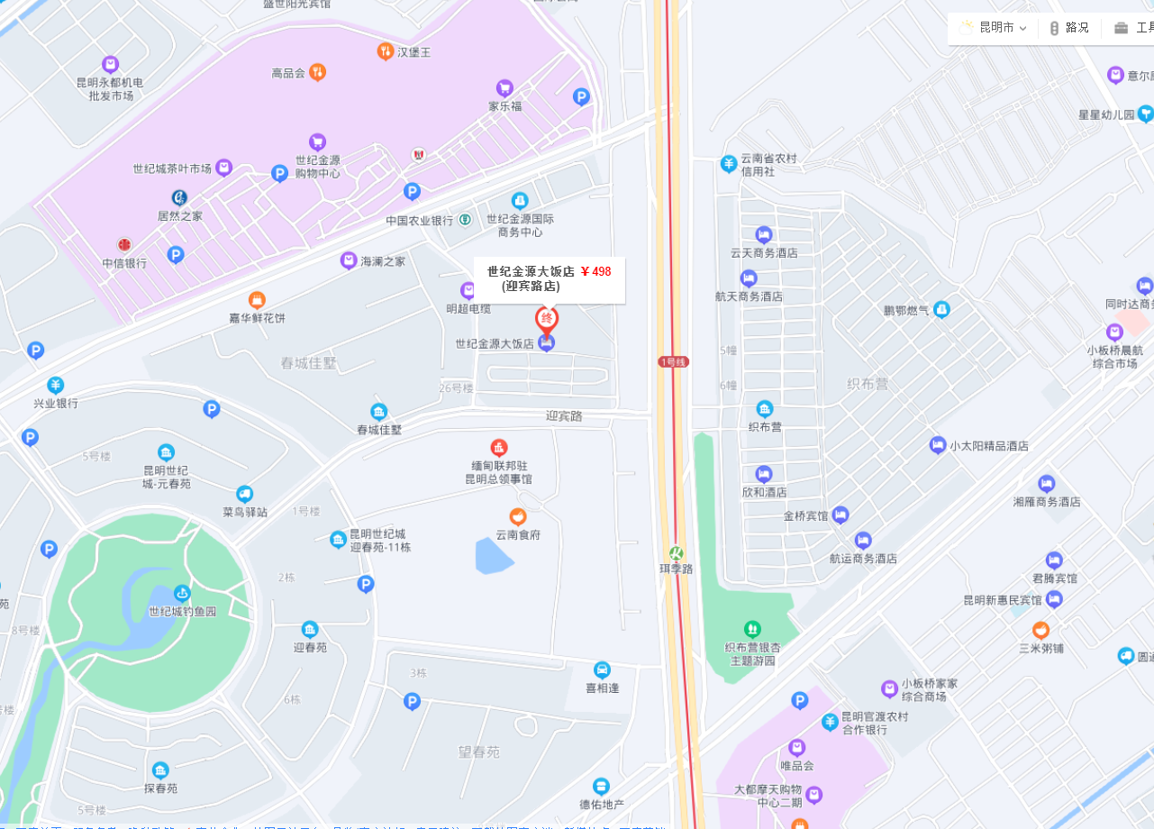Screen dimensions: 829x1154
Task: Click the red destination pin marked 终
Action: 547,319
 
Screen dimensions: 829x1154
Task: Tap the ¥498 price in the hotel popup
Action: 595,271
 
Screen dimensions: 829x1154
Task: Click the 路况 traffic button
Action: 1069,28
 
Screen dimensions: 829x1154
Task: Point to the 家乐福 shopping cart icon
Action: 504,88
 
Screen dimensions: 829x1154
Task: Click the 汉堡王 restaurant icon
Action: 385,51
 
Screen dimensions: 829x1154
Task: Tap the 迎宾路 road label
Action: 564,416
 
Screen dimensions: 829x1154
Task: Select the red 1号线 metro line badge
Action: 673,361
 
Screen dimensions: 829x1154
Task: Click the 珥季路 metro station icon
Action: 676,552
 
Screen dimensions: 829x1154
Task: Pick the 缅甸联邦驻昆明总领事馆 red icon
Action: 498,447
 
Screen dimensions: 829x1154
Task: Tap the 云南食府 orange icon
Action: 517,517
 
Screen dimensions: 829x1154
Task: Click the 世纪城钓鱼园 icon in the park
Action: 182,593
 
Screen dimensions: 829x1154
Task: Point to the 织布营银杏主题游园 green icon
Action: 752,629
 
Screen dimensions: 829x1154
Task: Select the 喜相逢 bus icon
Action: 602,670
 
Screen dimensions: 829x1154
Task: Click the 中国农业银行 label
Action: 420,220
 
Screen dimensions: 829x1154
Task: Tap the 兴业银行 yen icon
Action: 56,385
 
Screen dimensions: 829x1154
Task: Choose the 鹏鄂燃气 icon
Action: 941,310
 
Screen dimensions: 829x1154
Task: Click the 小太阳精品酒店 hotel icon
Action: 938,445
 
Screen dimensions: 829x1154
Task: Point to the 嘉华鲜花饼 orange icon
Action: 257,300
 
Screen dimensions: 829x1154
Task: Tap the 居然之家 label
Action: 179,216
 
